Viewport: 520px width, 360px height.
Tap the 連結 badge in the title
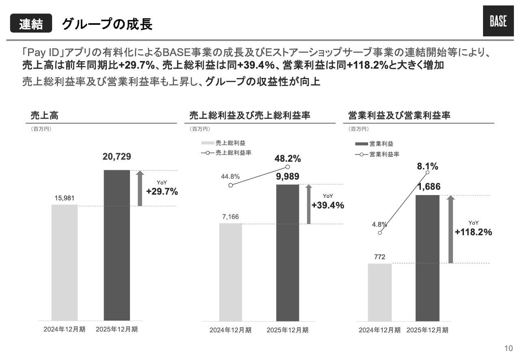tap(31, 25)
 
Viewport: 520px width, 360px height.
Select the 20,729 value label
tap(117, 157)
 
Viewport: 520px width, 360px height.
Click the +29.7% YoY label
tap(162, 192)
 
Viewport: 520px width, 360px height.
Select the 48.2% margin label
tap(288, 159)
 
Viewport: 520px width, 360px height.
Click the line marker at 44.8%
tap(231, 185)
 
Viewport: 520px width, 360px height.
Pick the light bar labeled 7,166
tap(230, 272)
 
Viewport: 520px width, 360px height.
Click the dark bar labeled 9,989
tap(287, 253)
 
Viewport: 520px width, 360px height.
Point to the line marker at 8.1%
tap(427, 172)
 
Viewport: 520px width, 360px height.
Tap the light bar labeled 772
tap(379, 292)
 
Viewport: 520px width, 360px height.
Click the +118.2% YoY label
tap(473, 232)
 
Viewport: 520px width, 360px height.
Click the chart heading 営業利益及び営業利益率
tap(399, 116)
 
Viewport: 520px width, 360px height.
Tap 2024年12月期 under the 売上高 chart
tap(64, 330)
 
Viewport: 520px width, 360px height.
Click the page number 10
tap(508, 348)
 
